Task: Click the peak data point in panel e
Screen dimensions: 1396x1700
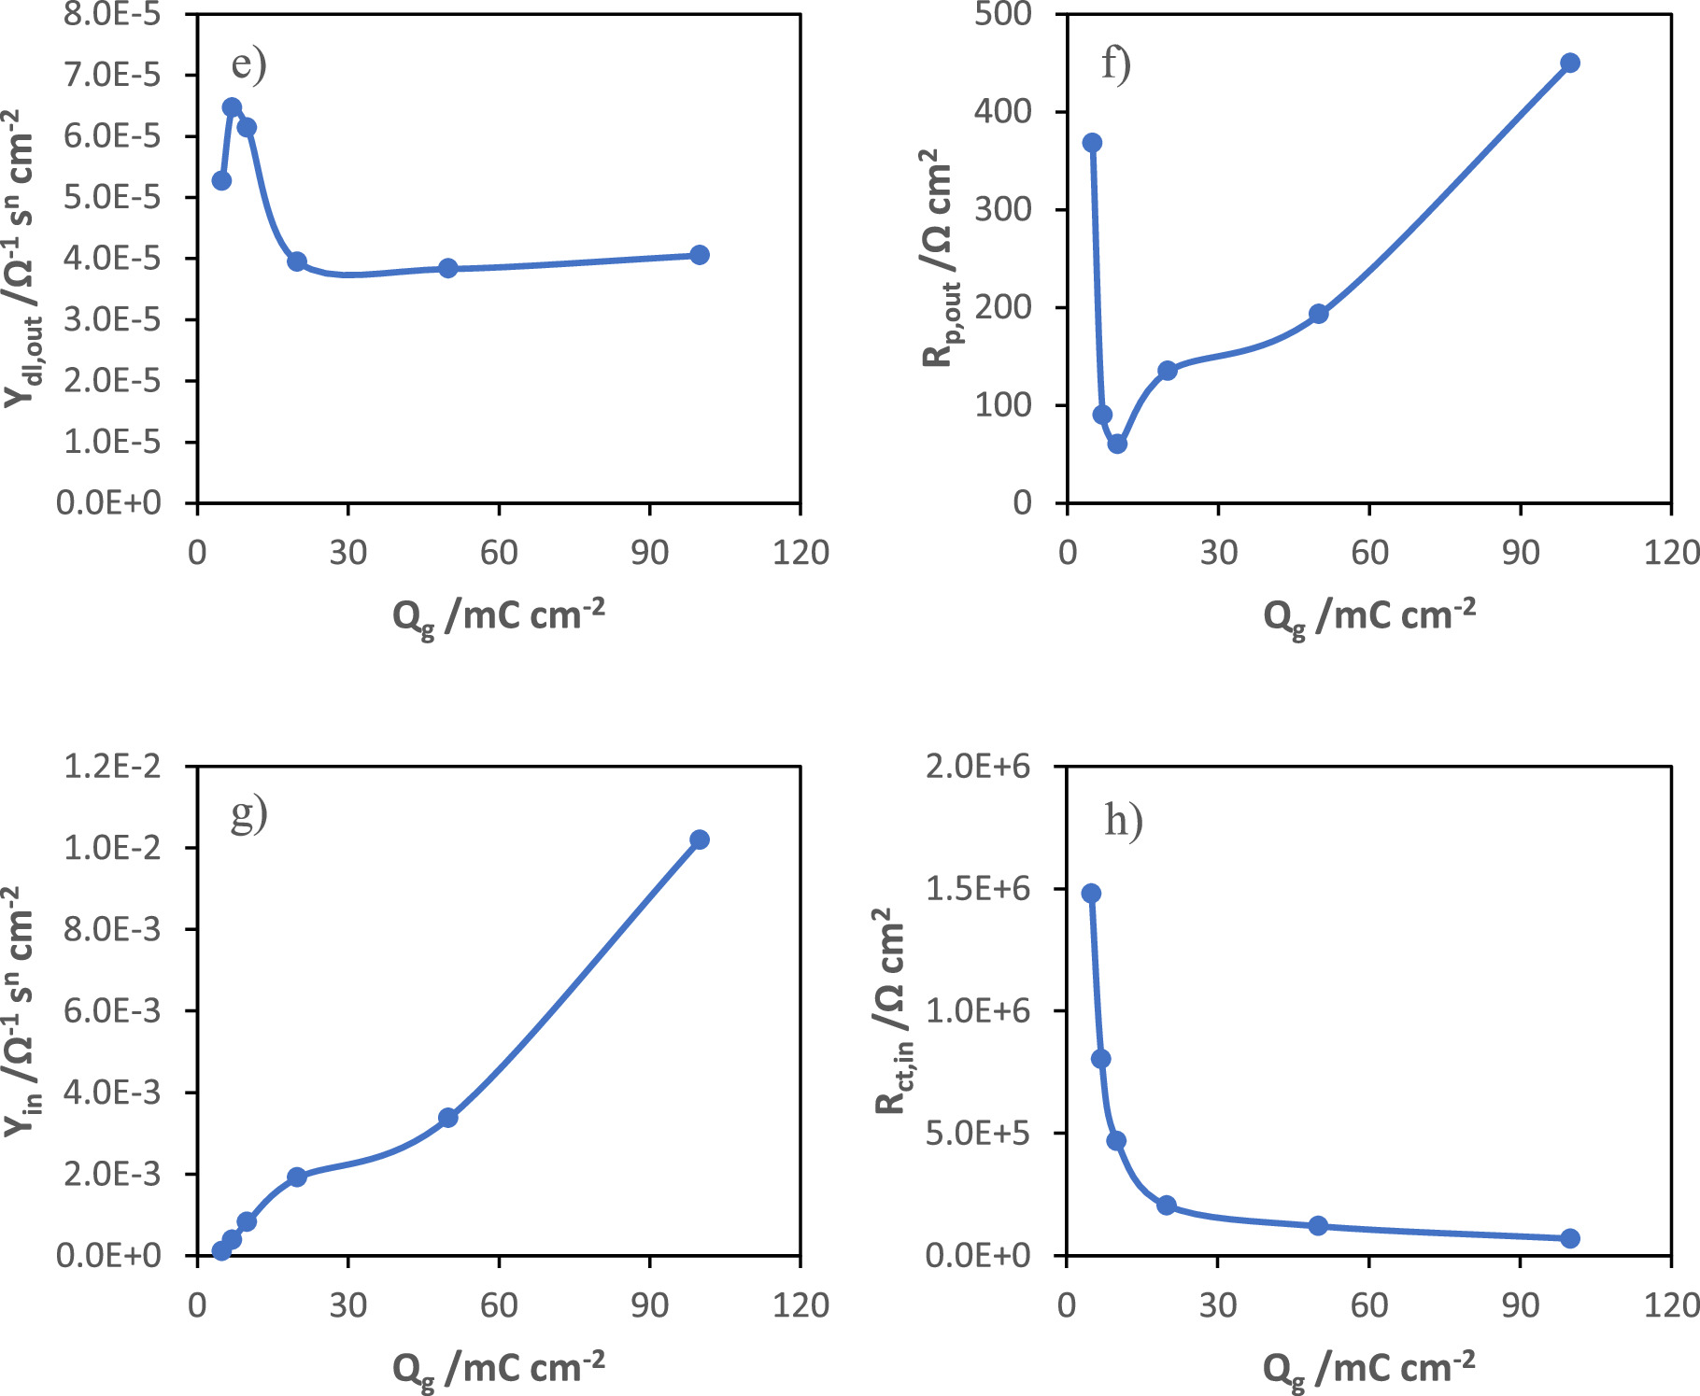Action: coord(232,107)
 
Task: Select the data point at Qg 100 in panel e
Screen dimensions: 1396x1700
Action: coord(700,255)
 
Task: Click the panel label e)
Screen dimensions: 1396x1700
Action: coord(248,64)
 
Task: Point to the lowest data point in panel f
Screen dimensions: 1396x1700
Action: coord(1117,444)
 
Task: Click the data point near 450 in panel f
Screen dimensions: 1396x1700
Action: coord(1570,63)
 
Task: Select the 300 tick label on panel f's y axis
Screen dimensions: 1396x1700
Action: coord(1002,209)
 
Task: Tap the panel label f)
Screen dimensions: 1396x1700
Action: coord(1116,64)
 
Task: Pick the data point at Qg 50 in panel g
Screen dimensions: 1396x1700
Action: coord(447,1118)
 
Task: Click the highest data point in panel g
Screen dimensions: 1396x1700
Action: coord(700,839)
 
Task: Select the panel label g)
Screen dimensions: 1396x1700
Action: coord(248,814)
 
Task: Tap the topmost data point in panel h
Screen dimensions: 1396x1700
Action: coord(1091,894)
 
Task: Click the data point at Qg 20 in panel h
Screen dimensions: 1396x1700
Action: coord(1167,1206)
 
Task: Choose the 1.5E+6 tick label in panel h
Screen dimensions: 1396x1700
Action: coord(978,889)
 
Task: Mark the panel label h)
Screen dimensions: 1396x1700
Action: coord(1123,821)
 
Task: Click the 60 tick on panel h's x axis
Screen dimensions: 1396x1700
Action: coord(1369,1304)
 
